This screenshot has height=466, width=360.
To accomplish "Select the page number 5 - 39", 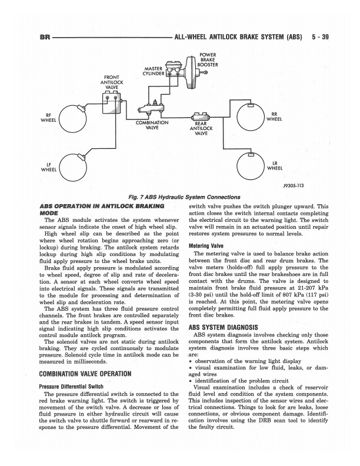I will pos(318,37).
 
